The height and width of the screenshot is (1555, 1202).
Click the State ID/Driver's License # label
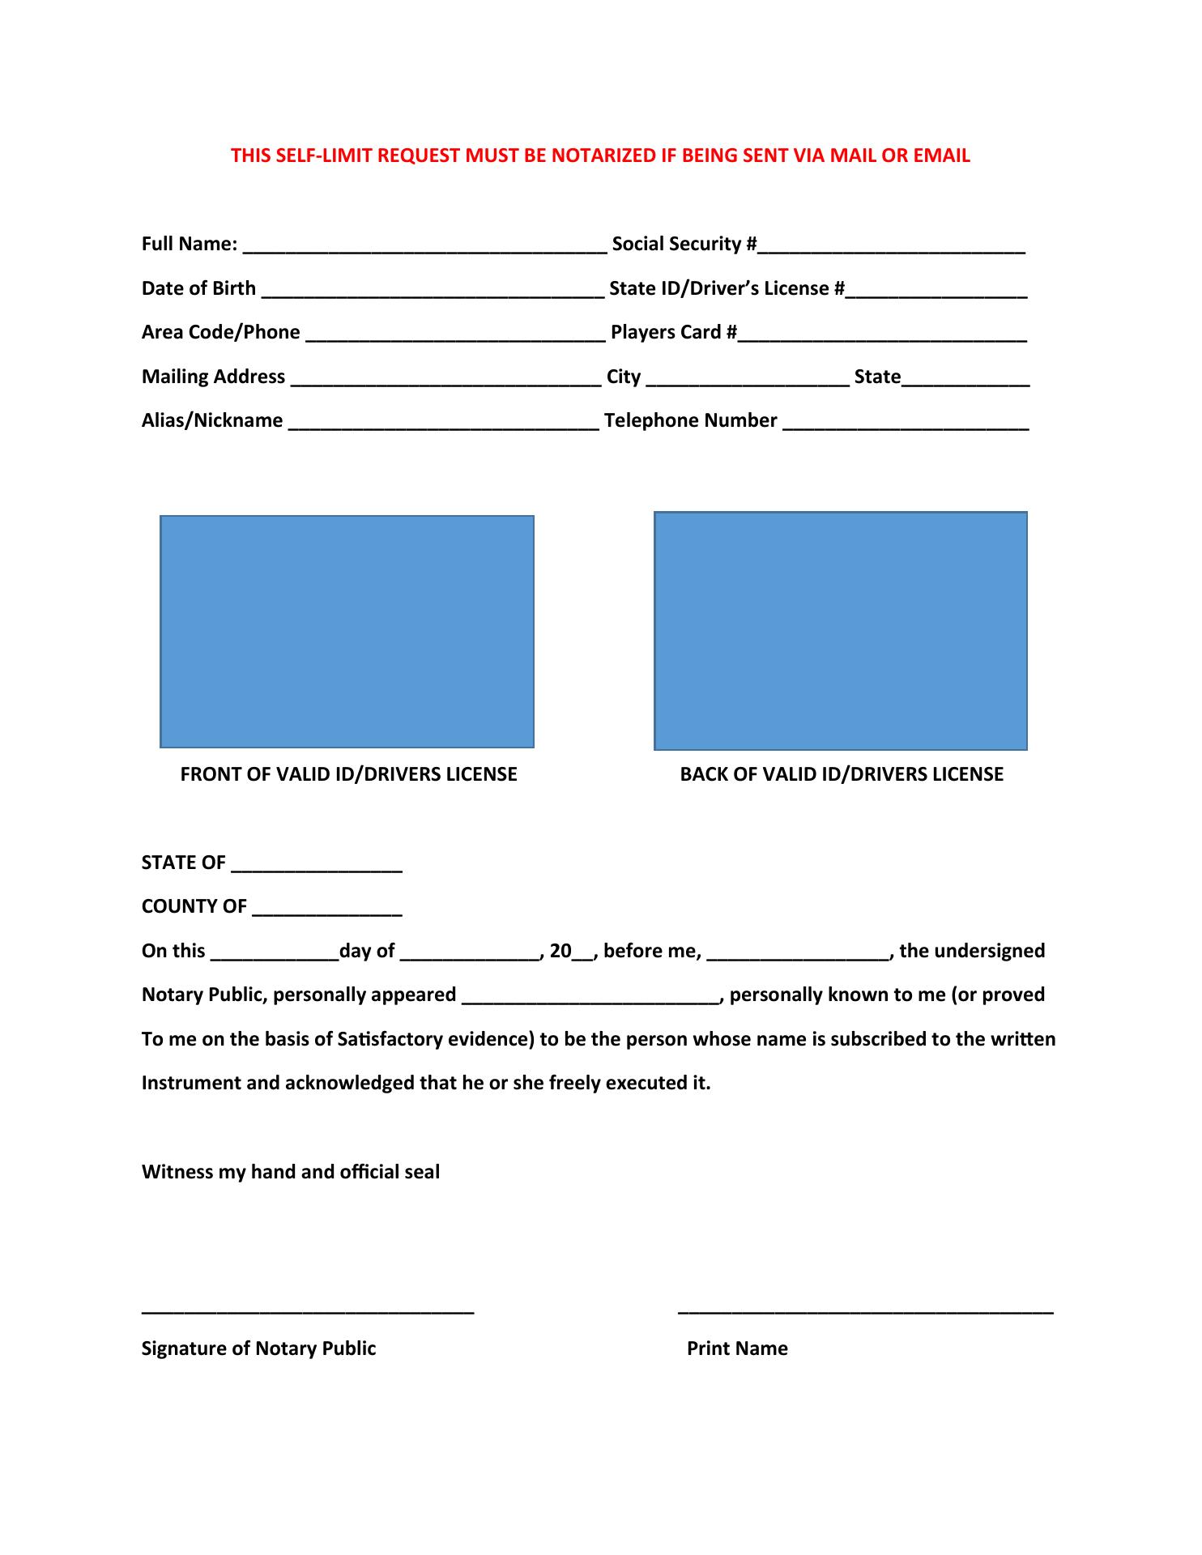click(726, 288)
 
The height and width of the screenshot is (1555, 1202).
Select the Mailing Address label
click(213, 377)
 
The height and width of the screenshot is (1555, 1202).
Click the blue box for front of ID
click(347, 631)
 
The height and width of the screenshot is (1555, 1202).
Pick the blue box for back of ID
click(840, 630)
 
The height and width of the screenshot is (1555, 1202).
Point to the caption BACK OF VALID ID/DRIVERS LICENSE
click(842, 774)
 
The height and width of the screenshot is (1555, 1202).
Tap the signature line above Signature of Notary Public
click(308, 1310)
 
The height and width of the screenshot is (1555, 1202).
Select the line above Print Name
click(865, 1310)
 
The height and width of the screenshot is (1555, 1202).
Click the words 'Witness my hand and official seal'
click(291, 1172)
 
